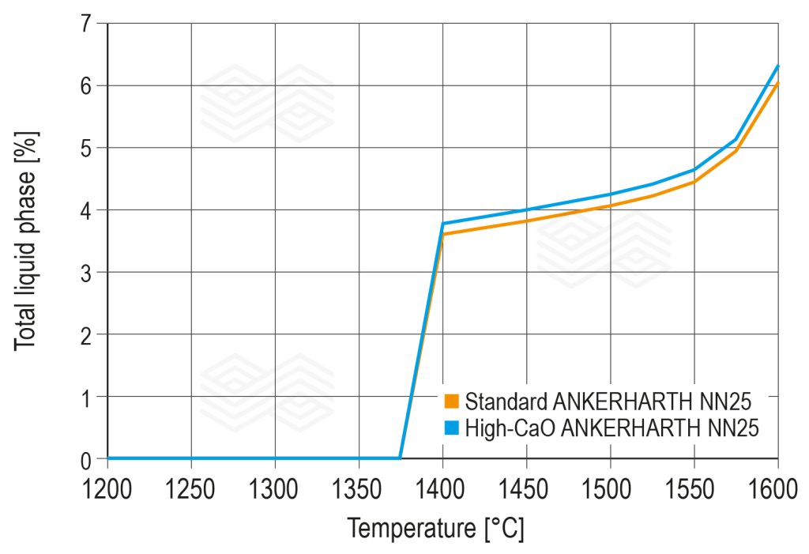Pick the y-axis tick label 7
pyautogui.click(x=85, y=24)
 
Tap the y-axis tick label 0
pyautogui.click(x=85, y=458)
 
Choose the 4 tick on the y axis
pyautogui.click(x=85, y=210)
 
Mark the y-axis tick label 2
pyautogui.click(x=85, y=334)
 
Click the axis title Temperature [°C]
pyautogui.click(x=435, y=528)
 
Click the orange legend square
pyautogui.click(x=452, y=401)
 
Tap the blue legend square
pyautogui.click(x=452, y=428)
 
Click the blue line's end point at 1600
pyautogui.click(x=778, y=66)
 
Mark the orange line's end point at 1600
pyautogui.click(x=778, y=82)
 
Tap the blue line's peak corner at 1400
pyautogui.click(x=442, y=224)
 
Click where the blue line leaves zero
pyautogui.click(x=401, y=458)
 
